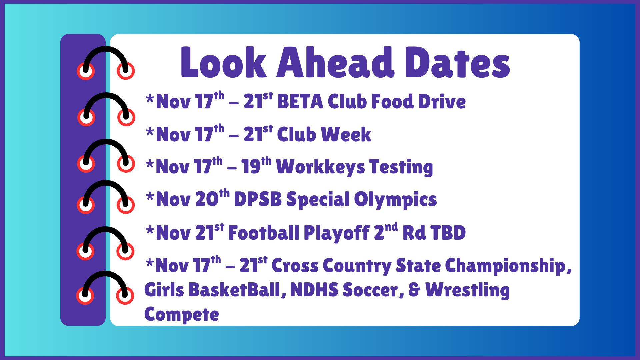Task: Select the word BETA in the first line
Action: pyautogui.click(x=300, y=102)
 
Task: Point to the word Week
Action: pyautogui.click(x=346, y=134)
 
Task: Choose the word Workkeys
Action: pyautogui.click(x=320, y=167)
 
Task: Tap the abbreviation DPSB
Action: pyautogui.click(x=258, y=199)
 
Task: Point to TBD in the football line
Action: pyautogui.click(x=448, y=233)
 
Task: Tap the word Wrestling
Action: pyautogui.click(x=467, y=290)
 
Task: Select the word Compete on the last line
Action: pyautogui.click(x=182, y=314)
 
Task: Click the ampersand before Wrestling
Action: pyautogui.click(x=414, y=290)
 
